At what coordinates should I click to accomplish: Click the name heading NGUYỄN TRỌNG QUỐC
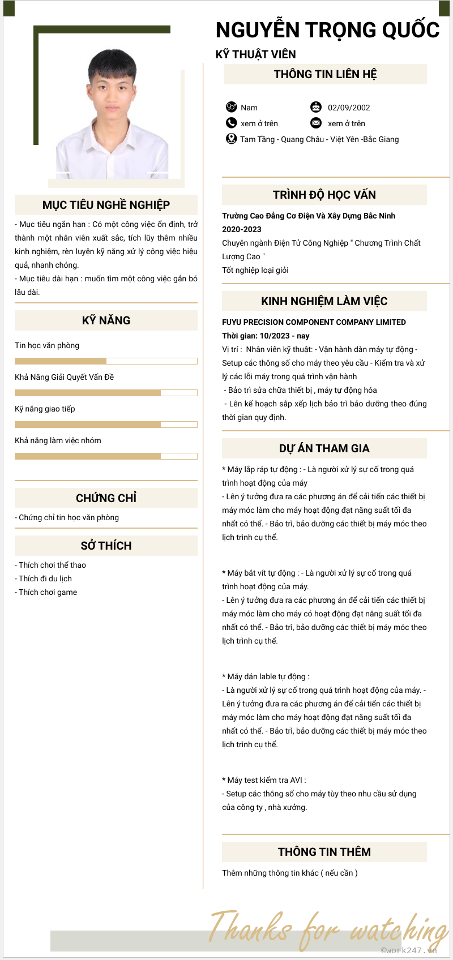(x=327, y=30)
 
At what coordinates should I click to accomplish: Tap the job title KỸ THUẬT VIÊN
(x=255, y=54)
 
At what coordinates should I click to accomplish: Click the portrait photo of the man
(x=113, y=113)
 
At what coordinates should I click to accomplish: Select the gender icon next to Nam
(x=231, y=107)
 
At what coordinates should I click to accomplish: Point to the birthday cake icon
(x=315, y=107)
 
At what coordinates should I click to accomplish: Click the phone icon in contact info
(x=231, y=123)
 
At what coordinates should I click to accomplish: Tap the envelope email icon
(x=315, y=123)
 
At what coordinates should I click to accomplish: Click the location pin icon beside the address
(x=231, y=139)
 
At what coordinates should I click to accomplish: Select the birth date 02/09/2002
(x=349, y=108)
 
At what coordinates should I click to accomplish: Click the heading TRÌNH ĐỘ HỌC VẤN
(x=324, y=195)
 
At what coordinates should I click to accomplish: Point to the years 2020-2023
(x=242, y=229)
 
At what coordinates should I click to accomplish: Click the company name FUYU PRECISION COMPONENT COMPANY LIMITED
(x=314, y=322)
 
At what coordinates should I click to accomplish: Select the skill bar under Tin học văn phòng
(x=106, y=361)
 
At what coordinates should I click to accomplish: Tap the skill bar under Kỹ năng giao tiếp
(x=106, y=425)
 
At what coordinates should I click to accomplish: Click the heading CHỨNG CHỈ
(x=106, y=498)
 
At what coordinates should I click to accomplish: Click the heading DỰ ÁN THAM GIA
(x=324, y=448)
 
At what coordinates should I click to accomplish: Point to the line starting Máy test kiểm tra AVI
(x=264, y=780)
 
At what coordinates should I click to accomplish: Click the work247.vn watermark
(x=408, y=950)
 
